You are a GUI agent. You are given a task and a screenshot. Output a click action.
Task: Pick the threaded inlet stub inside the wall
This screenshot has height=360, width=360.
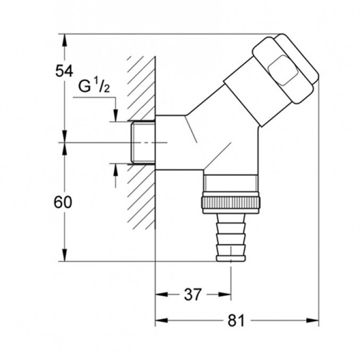141,142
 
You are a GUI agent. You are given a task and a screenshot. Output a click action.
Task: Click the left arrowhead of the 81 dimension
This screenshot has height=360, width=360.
159,321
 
